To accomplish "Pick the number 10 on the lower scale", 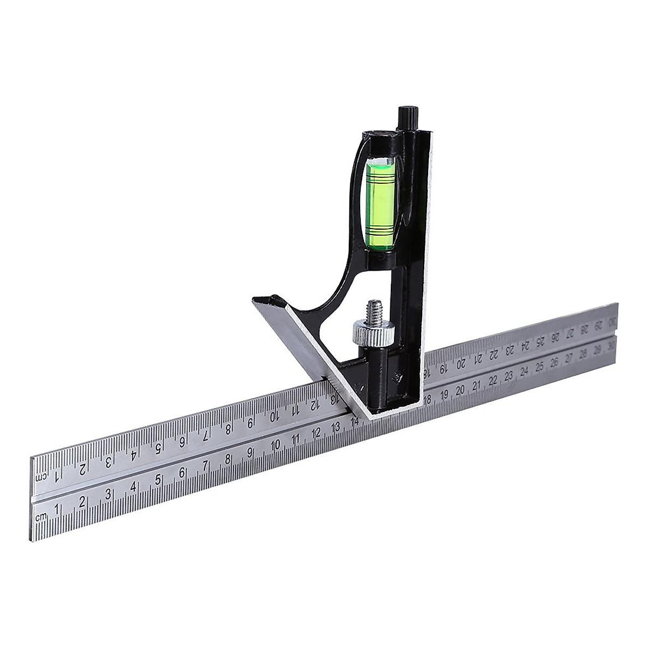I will click(x=276, y=446).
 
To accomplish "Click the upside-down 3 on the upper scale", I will click(x=108, y=461).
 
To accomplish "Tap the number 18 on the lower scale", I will click(x=428, y=400).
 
